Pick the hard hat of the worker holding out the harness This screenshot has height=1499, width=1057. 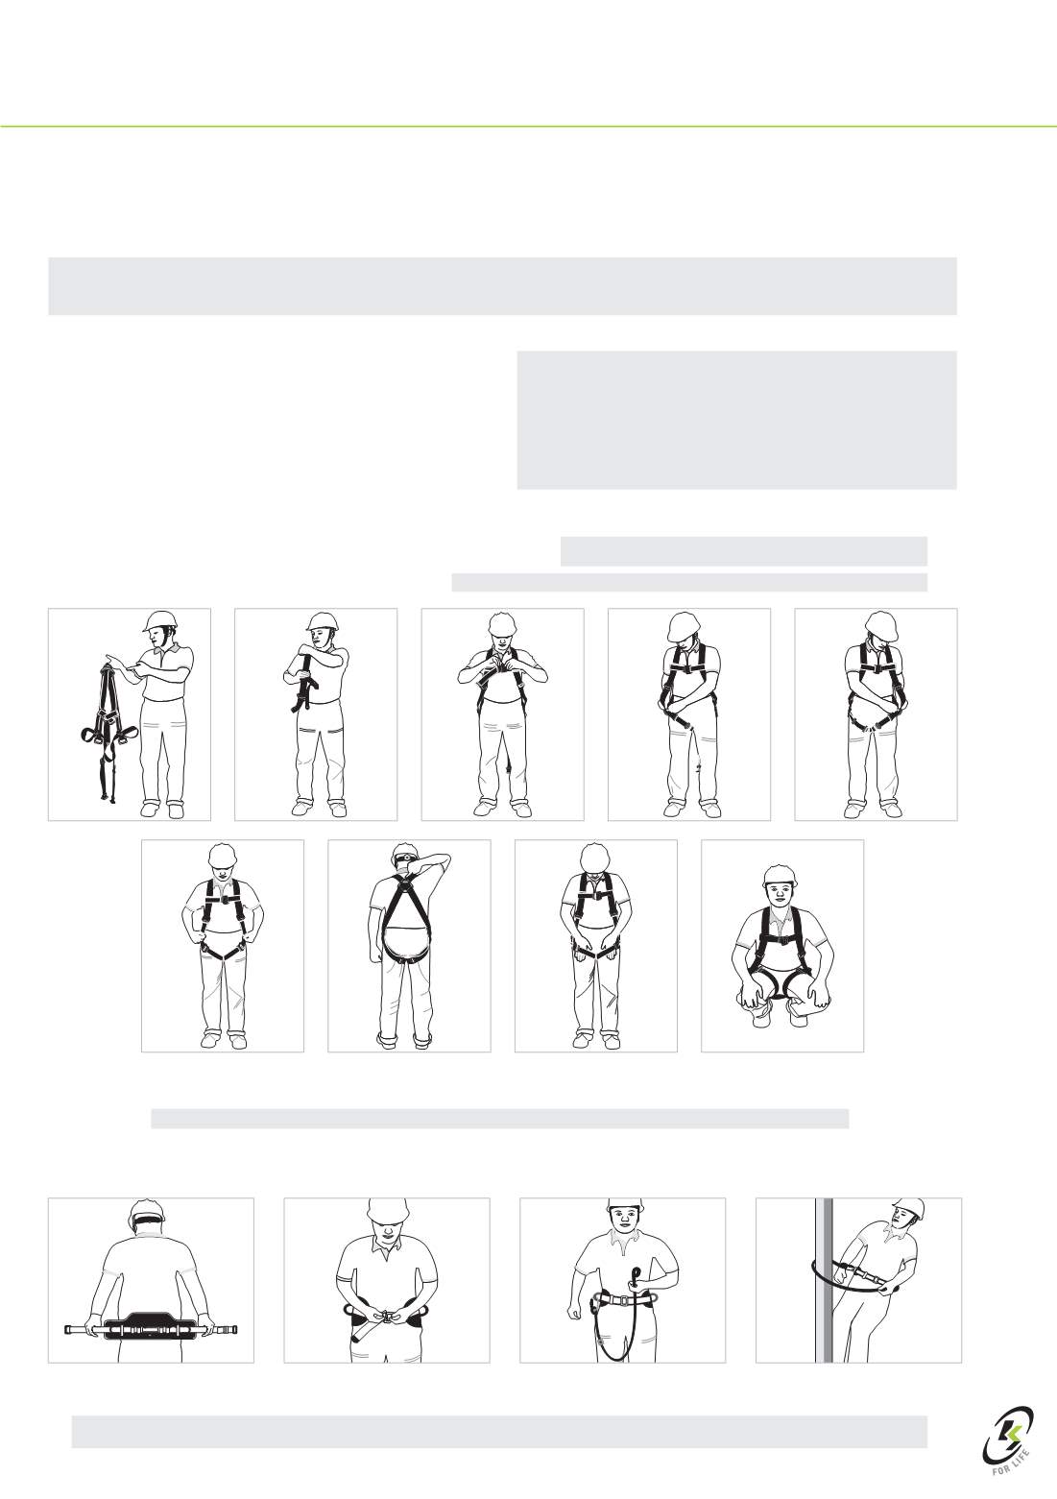point(160,621)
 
